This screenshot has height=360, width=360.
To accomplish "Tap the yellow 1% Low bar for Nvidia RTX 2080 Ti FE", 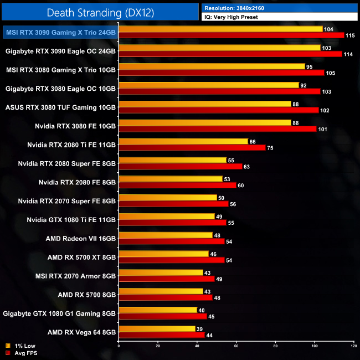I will click(183, 141).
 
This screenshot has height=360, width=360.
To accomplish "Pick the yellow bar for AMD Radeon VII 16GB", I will click(166, 235).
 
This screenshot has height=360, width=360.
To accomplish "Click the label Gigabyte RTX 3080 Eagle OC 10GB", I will click(60, 88).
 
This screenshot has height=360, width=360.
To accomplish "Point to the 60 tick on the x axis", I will click(236, 346).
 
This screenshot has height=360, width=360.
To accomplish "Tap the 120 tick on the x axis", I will click(353, 346).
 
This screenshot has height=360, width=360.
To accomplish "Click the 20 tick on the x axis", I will click(158, 346).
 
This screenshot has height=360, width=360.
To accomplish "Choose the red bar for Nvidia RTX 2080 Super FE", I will click(181, 166).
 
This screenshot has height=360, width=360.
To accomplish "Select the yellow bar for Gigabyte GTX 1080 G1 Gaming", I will click(158, 310).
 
